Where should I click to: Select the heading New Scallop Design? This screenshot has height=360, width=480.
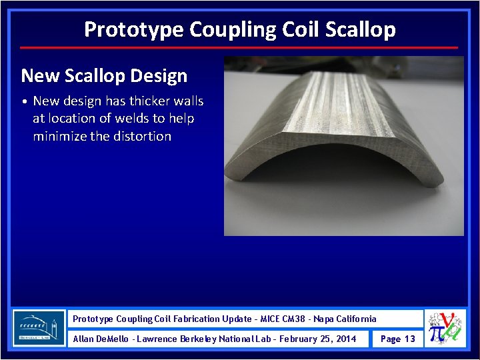[x=104, y=75]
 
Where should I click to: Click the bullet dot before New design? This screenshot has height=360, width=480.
[x=24, y=102]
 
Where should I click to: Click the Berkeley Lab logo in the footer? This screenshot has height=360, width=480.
[x=39, y=328]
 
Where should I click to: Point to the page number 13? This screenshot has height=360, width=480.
[x=409, y=339]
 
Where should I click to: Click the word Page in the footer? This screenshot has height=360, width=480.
[x=389, y=339]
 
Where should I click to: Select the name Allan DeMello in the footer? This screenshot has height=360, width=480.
[x=101, y=339]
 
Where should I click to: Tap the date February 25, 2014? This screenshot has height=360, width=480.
[x=318, y=339]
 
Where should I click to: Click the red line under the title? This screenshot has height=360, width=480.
[x=239, y=48]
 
